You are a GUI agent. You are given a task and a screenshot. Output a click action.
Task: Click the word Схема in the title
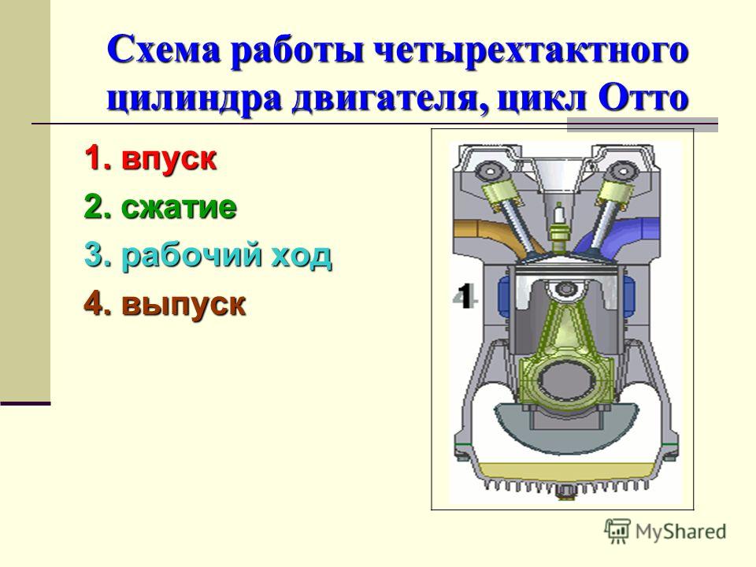(x=164, y=50)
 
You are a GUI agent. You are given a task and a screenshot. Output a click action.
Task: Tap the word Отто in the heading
(x=643, y=98)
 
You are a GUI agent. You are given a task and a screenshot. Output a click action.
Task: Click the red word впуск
(x=169, y=158)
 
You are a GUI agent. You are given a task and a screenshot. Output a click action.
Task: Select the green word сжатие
(x=179, y=207)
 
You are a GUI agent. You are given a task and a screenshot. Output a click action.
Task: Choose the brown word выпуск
(x=183, y=306)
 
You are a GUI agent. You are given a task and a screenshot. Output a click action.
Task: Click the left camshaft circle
(x=490, y=171)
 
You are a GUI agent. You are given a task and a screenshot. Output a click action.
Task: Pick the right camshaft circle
(x=623, y=171)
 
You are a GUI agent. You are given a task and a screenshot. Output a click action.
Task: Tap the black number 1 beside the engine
(x=464, y=295)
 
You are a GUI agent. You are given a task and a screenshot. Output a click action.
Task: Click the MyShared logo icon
(x=617, y=532)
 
